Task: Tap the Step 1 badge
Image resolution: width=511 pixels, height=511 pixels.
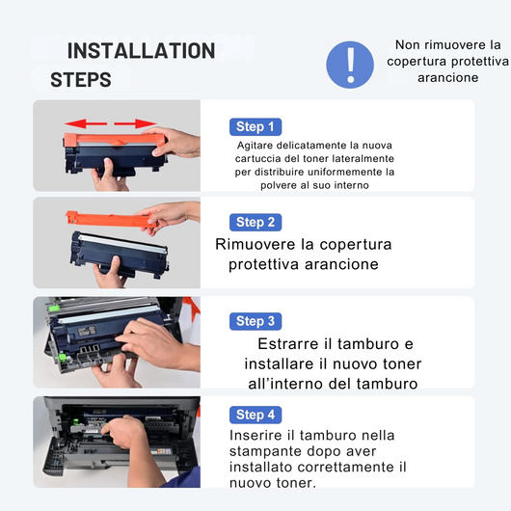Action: (255, 126)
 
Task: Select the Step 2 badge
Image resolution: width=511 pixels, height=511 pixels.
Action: (255, 222)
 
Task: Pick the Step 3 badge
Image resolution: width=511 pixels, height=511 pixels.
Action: (255, 321)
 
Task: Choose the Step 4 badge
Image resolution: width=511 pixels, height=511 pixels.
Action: (255, 415)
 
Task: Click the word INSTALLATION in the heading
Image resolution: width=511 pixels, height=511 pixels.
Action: (141, 51)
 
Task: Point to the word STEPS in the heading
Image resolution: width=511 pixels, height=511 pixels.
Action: (80, 80)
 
